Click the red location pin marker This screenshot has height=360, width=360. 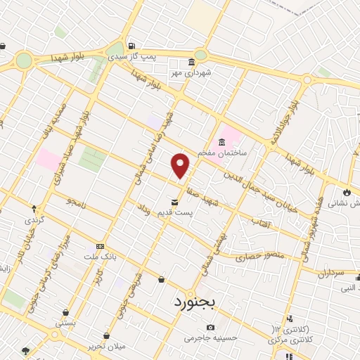[181, 165]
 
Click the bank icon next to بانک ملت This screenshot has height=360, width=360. [100, 246]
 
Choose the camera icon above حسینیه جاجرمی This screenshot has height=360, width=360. [210, 327]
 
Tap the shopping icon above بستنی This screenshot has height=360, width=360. [65, 313]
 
